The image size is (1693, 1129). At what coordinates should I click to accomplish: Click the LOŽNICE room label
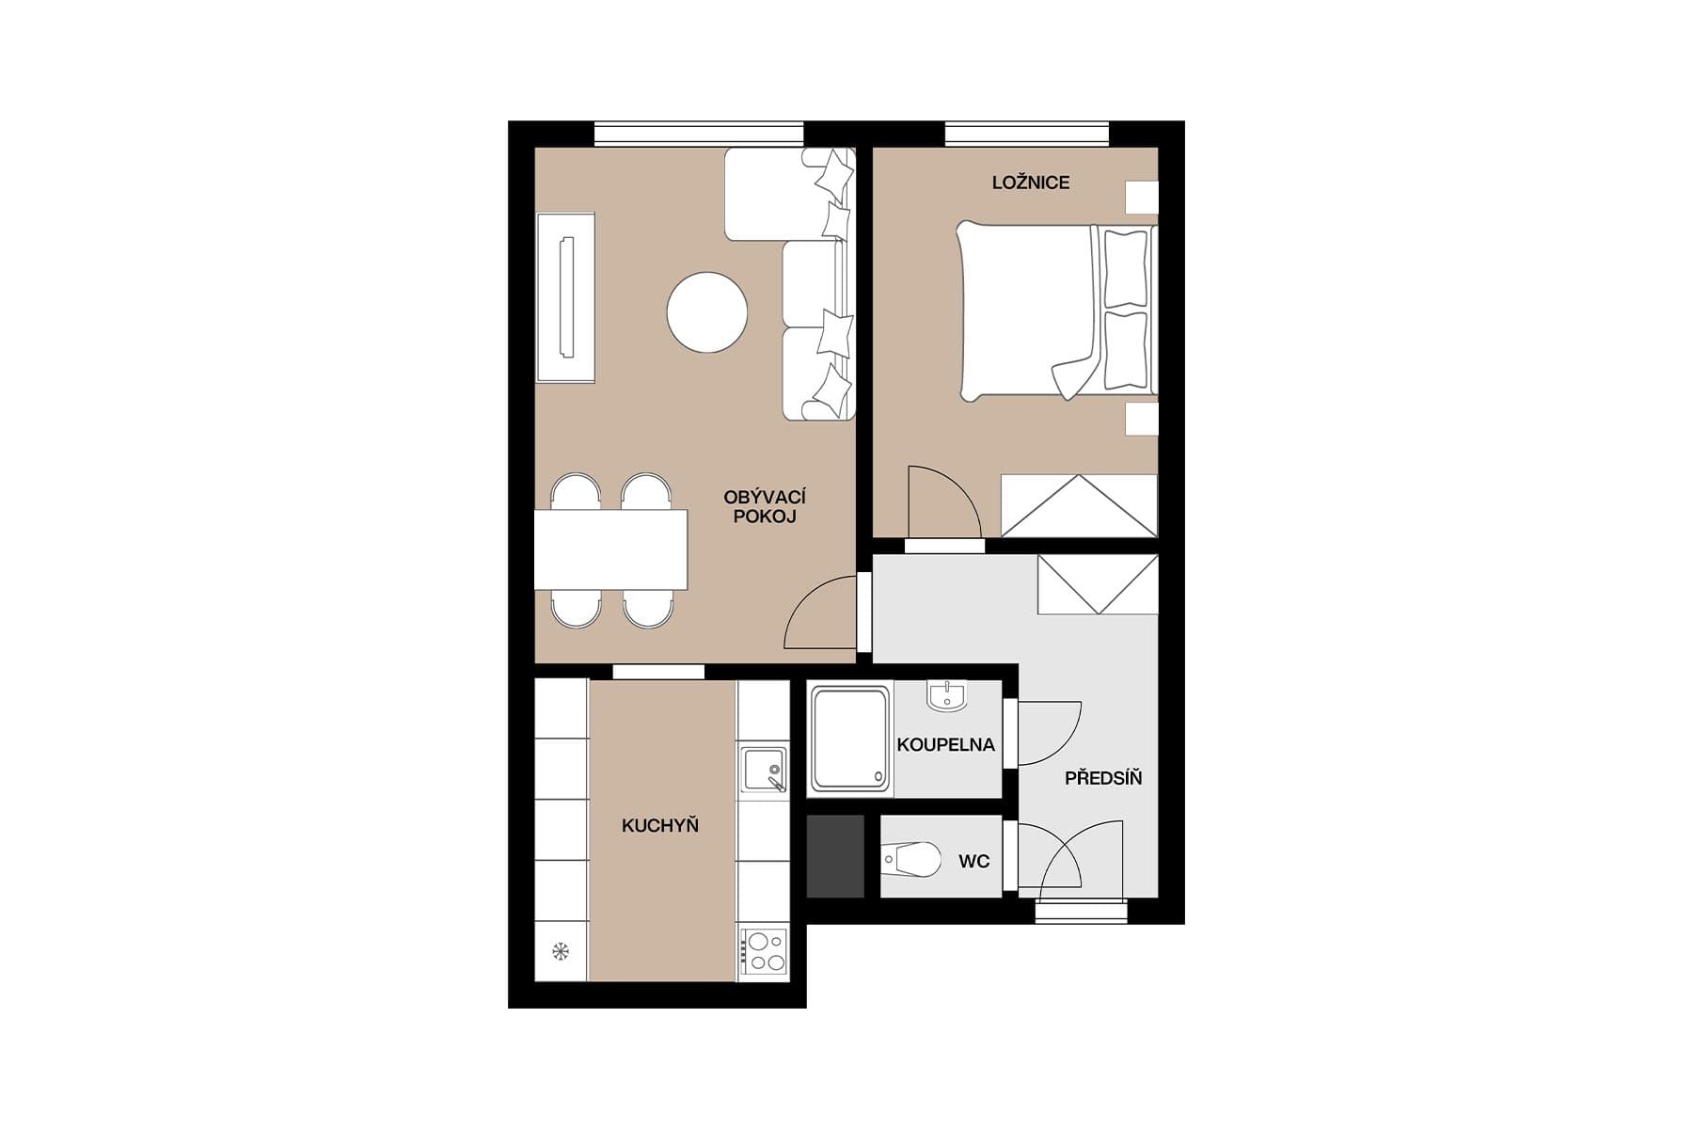tap(1030, 183)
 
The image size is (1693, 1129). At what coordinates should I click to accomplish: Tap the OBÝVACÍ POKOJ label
tap(764, 506)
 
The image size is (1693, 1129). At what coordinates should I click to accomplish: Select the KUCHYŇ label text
tap(659, 826)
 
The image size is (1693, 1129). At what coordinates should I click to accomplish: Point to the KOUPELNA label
tap(945, 745)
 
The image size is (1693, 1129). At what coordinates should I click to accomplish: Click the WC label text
tap(973, 861)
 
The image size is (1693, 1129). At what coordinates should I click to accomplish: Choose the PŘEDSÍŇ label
tap(1102, 778)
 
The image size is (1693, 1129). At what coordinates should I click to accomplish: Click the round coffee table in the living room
tap(707, 312)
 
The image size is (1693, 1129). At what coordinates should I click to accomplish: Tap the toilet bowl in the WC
tap(913, 858)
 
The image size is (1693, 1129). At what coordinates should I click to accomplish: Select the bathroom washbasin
tap(946, 695)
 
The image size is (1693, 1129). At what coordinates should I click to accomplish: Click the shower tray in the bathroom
tap(850, 739)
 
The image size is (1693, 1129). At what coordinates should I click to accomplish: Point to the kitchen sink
tap(763, 770)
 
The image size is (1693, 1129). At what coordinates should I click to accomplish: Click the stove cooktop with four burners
tap(763, 951)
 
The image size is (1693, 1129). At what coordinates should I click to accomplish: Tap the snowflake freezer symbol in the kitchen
tap(561, 951)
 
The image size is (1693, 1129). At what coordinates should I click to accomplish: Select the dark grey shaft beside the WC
tap(835, 856)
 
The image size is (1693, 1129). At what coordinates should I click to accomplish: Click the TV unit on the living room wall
tap(565, 297)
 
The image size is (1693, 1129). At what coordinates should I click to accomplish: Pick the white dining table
tap(610, 549)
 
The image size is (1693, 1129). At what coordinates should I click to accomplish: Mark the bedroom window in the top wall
tap(1027, 133)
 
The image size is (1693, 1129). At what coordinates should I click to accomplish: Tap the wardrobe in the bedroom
tap(1078, 505)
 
